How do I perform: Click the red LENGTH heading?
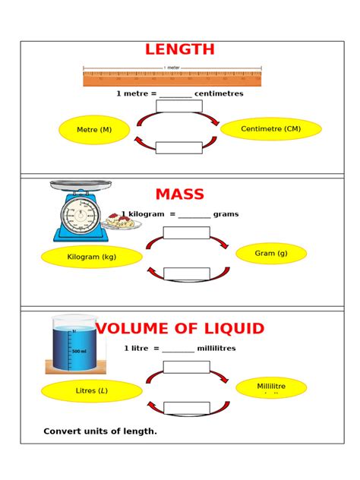click(180, 50)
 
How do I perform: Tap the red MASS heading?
click(180, 194)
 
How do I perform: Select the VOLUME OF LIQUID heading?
click(180, 329)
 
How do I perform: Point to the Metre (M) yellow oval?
click(94, 130)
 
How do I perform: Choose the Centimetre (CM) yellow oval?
click(271, 129)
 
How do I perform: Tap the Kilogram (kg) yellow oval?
click(92, 257)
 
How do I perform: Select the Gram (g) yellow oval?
click(271, 254)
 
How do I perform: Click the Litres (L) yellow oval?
click(92, 391)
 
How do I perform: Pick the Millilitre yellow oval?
click(271, 387)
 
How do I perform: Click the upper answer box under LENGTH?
click(179, 106)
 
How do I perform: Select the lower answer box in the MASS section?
click(186, 273)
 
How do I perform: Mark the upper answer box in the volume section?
click(186, 367)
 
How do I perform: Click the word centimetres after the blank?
click(219, 94)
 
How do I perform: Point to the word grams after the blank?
click(226, 214)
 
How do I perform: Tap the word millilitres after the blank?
click(216, 349)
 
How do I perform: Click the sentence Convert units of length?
click(100, 431)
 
